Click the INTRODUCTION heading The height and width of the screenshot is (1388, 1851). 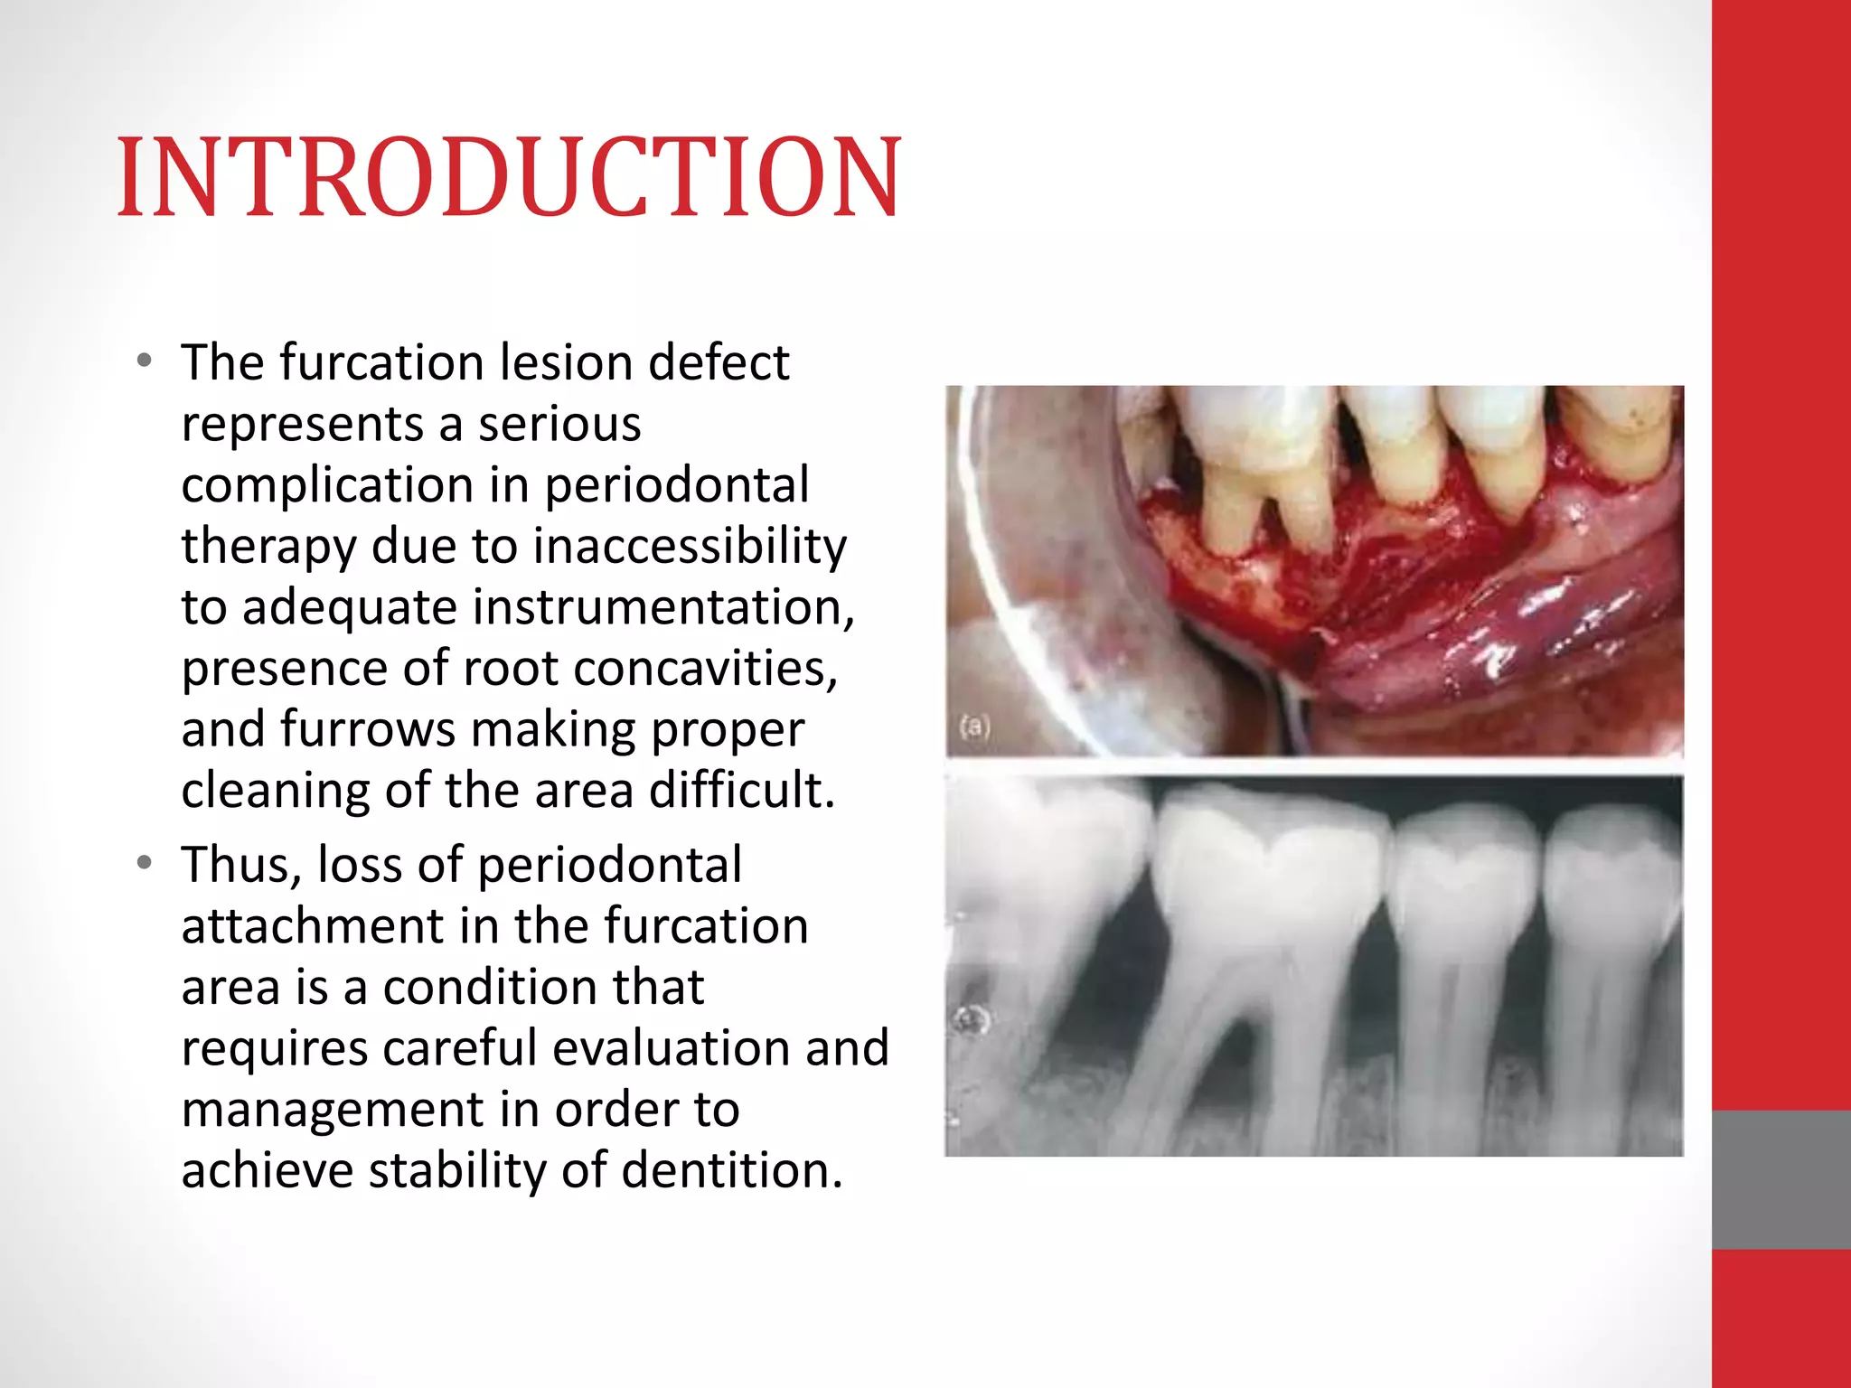509,178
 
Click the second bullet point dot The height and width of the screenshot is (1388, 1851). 145,864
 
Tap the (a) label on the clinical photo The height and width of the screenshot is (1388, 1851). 974,726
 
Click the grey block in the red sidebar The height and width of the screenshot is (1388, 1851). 1781,1179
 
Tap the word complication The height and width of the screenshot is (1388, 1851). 327,485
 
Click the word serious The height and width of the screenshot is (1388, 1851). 559,424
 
